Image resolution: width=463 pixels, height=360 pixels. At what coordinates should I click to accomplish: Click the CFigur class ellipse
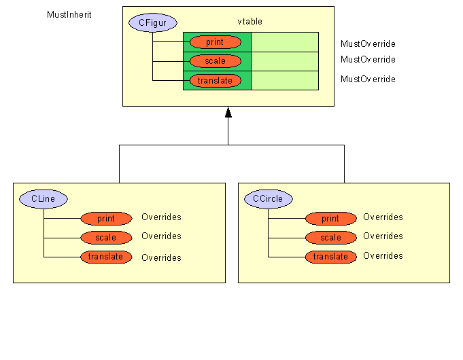153,22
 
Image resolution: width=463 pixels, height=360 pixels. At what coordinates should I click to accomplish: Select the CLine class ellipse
44,199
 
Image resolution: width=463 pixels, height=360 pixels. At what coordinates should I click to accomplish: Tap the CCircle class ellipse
269,199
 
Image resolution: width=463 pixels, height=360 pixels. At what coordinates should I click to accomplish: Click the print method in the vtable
216,42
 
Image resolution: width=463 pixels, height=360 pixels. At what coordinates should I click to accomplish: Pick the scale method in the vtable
216,61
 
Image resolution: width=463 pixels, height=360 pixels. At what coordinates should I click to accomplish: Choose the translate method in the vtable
216,81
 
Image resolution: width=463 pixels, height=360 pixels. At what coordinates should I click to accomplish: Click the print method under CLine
106,218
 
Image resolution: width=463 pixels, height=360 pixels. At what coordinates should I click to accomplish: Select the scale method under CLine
106,238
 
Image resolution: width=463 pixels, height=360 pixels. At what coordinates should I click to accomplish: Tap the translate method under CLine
106,257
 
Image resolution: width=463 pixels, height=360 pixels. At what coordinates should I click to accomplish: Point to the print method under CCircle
331,218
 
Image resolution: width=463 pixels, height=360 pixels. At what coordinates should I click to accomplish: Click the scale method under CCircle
331,238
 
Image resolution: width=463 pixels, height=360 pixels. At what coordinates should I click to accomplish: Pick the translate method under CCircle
331,257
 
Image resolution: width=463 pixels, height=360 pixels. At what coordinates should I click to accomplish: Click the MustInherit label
69,14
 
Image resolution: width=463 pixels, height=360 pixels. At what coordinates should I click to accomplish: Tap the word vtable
250,21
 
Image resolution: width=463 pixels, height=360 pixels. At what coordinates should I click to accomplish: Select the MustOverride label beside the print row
368,43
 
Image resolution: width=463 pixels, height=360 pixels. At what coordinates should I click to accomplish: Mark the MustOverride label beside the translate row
368,79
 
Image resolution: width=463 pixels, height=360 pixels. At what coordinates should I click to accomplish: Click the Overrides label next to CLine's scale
161,236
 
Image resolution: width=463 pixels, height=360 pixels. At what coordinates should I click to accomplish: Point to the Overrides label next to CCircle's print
383,217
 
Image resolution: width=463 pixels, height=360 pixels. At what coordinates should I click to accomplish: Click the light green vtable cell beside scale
285,61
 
